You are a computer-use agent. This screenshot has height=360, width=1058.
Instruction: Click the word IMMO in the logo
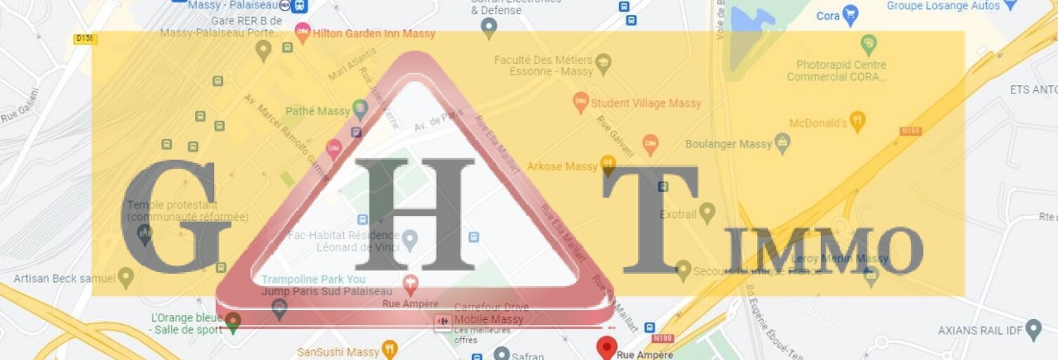pyautogui.click(x=824, y=252)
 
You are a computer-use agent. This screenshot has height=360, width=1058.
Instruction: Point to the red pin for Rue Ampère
pyautogui.click(x=606, y=347)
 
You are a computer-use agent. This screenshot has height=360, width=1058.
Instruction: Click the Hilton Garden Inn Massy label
pyautogui.click(x=374, y=33)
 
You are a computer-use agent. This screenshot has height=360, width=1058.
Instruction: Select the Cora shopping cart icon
pyautogui.click(x=850, y=15)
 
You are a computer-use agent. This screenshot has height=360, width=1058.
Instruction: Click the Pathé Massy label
pyautogui.click(x=318, y=111)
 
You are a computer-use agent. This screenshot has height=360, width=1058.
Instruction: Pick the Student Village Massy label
pyautogui.click(x=646, y=103)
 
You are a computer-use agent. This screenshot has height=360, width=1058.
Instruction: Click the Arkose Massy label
pyautogui.click(x=562, y=167)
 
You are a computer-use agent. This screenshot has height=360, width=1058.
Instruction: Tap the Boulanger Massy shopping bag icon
pyautogui.click(x=782, y=143)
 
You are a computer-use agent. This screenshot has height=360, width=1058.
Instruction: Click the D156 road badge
pyautogui.click(x=85, y=39)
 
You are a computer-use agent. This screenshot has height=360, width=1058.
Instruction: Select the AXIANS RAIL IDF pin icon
pyautogui.click(x=1033, y=329)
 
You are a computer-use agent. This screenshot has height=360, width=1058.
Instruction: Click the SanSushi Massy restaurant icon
pyautogui.click(x=389, y=349)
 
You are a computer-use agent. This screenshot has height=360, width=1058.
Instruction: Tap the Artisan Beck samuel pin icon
pyautogui.click(x=126, y=277)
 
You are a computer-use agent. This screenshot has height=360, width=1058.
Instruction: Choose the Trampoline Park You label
pyautogui.click(x=314, y=279)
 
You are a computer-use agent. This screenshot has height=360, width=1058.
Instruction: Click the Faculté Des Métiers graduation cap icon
pyautogui.click(x=603, y=64)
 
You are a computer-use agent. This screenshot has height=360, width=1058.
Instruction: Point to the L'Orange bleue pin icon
pyautogui.click(x=233, y=322)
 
